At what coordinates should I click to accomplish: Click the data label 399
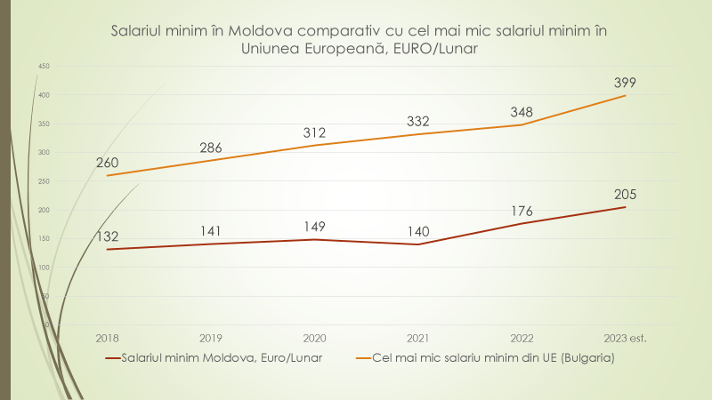[x=624, y=83]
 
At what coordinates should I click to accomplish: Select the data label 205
[x=624, y=195]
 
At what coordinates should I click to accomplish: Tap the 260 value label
[x=107, y=163]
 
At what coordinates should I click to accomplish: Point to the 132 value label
[x=107, y=236]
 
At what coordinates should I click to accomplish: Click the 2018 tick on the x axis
[x=107, y=338]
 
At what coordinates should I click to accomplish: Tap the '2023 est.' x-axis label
[x=624, y=338]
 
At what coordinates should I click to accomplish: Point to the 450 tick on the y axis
[x=44, y=67]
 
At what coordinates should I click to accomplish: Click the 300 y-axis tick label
[x=44, y=153]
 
